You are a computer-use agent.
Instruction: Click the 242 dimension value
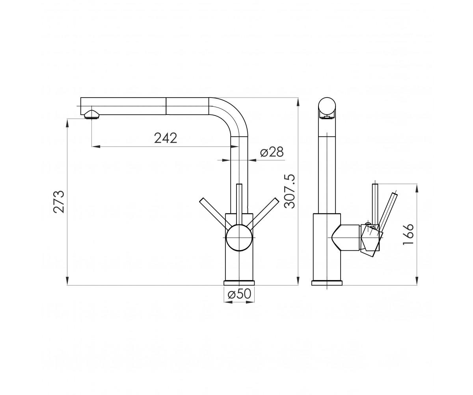(166, 138)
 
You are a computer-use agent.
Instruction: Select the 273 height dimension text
(59, 202)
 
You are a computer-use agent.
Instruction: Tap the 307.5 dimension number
(290, 191)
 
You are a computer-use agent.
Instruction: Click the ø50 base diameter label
(240, 294)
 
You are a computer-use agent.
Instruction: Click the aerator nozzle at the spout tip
(91, 115)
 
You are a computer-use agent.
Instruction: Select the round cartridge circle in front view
(239, 238)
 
